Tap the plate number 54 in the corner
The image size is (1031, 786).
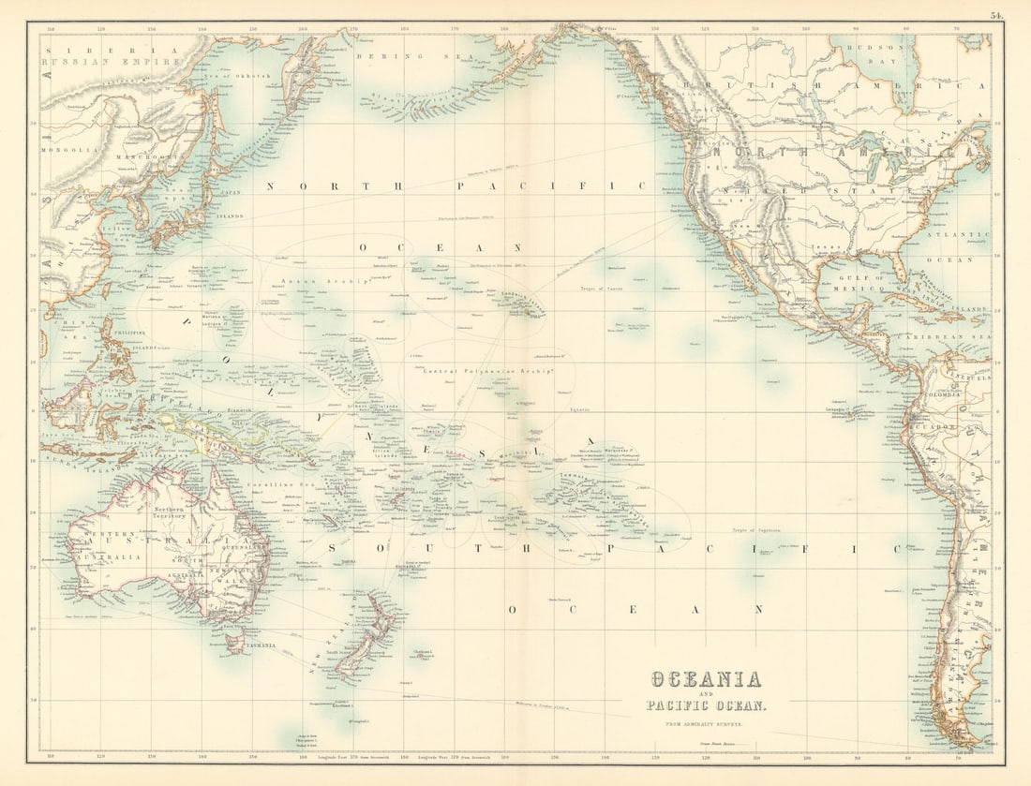tap(995, 15)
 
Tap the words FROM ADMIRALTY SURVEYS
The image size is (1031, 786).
tap(705, 724)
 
